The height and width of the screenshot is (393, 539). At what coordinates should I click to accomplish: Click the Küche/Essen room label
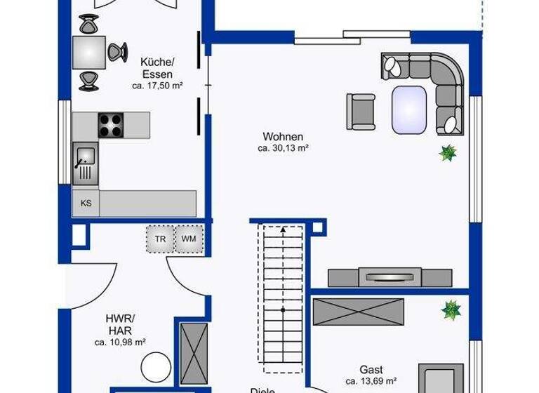156,67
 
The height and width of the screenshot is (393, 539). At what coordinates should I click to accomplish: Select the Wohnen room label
283,136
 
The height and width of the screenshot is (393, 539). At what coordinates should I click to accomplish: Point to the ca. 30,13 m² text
283,148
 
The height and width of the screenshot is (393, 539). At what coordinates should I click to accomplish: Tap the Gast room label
371,369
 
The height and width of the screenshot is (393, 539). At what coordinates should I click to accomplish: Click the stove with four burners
111,125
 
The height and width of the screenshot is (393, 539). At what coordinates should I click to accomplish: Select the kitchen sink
85,161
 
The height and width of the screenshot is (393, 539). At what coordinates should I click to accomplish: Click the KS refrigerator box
86,204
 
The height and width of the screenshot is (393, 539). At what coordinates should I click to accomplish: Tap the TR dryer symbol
160,239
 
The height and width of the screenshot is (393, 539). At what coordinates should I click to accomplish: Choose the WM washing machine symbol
189,239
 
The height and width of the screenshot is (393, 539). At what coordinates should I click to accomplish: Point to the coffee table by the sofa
408,109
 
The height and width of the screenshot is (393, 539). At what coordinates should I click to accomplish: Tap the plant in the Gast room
450,309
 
